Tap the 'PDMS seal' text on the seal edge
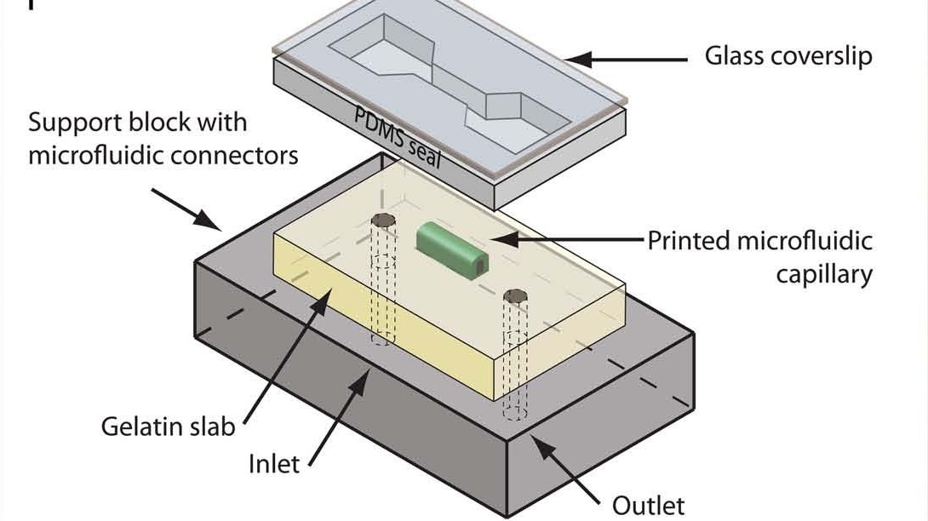(398, 138)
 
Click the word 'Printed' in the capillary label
(689, 241)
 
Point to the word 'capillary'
(823, 274)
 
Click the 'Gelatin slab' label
(168, 426)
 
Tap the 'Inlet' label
(274, 464)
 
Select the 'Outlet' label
(648, 504)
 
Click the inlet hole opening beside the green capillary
(384, 222)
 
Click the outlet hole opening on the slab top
(513, 297)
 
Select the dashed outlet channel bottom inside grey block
(514, 413)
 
